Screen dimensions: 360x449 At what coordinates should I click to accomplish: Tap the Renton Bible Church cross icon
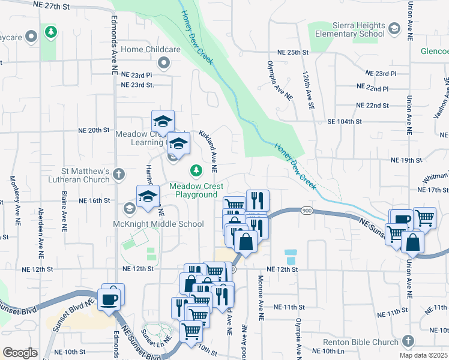(x=407, y=341)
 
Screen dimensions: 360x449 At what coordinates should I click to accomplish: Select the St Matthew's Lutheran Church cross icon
(x=119, y=175)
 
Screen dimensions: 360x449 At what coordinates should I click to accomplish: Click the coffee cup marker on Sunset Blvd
(x=109, y=298)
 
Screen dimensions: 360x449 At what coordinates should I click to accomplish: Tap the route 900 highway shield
(x=307, y=211)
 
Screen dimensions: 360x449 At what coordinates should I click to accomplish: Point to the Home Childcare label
(x=151, y=49)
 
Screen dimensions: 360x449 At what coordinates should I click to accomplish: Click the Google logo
(x=20, y=353)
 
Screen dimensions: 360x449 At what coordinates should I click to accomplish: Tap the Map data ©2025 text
(x=423, y=355)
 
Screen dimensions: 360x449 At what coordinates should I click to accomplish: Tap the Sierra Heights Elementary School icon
(x=394, y=28)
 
